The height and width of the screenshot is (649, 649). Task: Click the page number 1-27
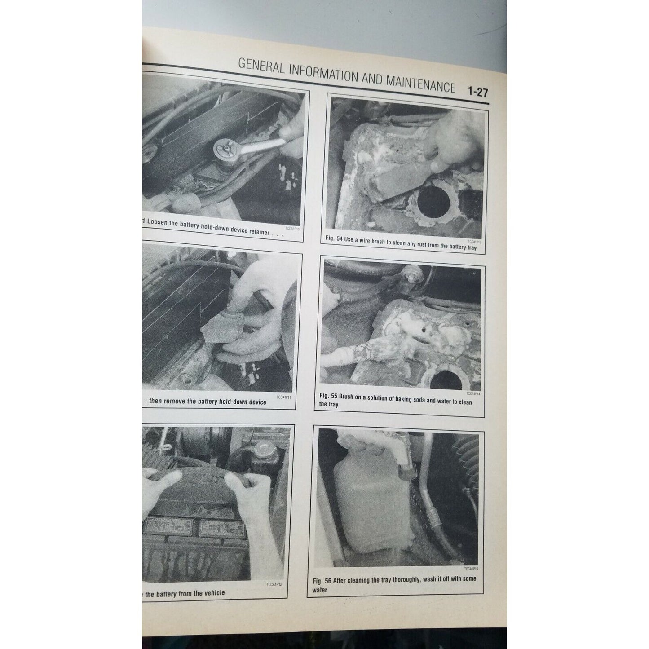(477, 92)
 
